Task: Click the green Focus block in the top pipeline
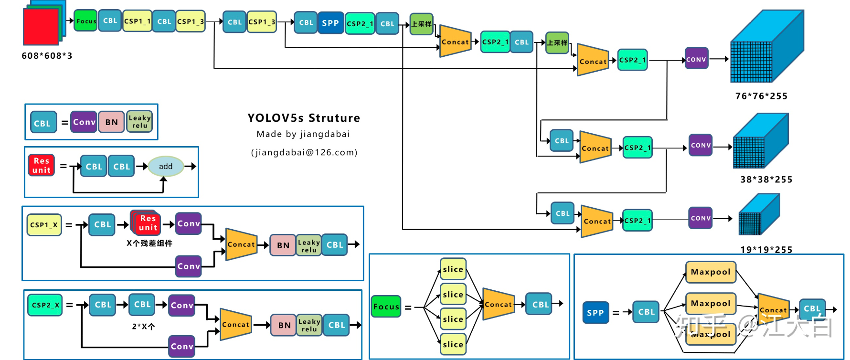click(86, 21)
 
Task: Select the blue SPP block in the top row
click(330, 23)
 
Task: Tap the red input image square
click(41, 27)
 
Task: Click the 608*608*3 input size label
click(47, 56)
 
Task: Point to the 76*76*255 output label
click(761, 96)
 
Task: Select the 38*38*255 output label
click(766, 180)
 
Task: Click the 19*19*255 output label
click(766, 249)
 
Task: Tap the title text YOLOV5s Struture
click(304, 118)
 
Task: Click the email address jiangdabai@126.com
click(304, 152)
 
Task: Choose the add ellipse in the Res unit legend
click(166, 166)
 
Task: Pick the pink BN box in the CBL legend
click(112, 122)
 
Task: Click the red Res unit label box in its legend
click(42, 165)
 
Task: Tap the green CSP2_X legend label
click(45, 305)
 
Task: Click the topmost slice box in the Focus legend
click(453, 269)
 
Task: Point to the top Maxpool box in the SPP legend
click(711, 272)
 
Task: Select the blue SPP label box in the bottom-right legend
click(595, 313)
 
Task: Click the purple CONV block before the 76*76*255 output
click(696, 59)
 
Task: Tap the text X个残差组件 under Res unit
click(149, 243)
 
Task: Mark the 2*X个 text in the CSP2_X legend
click(143, 327)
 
